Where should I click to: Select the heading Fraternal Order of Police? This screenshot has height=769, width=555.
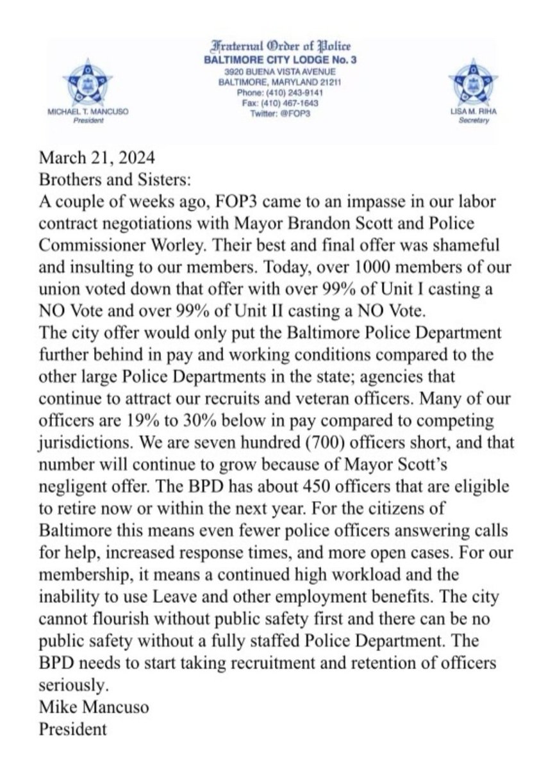277,45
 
